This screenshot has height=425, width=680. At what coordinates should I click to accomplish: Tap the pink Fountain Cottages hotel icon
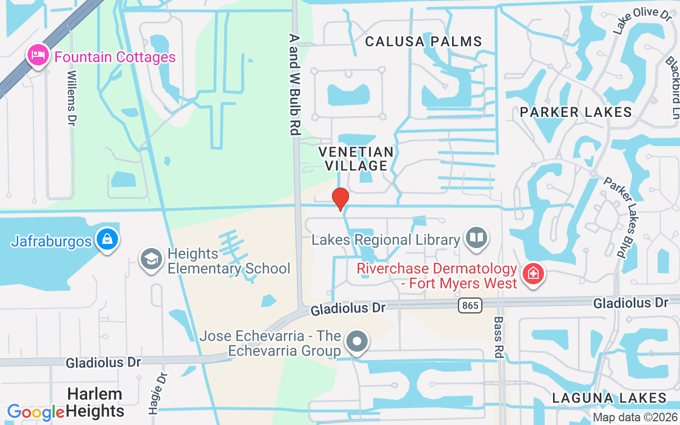[x=39, y=56]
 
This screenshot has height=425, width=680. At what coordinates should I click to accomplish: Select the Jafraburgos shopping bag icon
[x=107, y=240]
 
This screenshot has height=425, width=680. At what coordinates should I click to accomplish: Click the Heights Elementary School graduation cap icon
[x=151, y=260]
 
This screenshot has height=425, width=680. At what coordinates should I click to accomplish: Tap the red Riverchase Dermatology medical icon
[x=531, y=275]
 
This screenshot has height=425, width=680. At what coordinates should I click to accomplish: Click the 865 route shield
[x=470, y=305]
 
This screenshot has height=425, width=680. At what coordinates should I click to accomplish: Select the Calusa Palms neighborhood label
[x=424, y=41]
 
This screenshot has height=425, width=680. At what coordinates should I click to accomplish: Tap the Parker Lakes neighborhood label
[x=576, y=112]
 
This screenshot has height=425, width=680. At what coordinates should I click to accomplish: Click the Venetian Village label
[x=356, y=159]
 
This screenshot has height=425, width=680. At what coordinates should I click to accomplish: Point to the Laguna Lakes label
[x=609, y=397]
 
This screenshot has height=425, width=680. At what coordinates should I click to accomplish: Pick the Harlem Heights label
[x=96, y=402]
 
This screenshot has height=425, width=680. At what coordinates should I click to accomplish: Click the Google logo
[x=36, y=412]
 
